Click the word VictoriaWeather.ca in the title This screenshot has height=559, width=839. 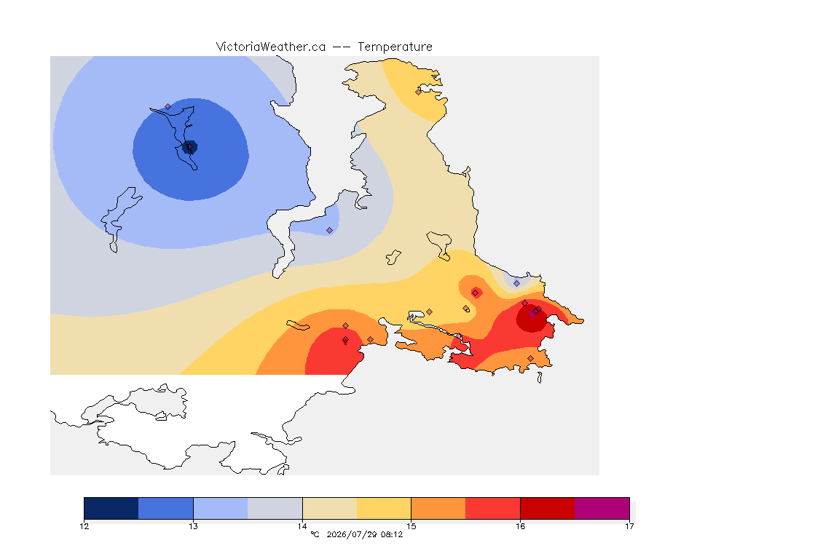coord(271,47)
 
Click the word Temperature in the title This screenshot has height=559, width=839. coord(395,47)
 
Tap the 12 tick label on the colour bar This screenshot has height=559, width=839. coord(84,526)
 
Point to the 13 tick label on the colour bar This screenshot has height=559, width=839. coord(193,526)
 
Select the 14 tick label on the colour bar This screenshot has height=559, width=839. coord(302,526)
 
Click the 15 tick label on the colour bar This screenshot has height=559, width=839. coord(411,526)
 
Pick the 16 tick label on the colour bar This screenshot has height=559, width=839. coord(520,526)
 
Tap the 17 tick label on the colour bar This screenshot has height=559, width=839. coord(629,526)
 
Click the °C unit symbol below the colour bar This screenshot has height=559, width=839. coord(315,534)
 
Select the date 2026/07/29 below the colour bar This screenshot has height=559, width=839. coord(352,534)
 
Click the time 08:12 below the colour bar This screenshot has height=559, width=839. coord(392,534)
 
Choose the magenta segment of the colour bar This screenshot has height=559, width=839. coord(602,508)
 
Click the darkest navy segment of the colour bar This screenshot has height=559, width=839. coord(111,508)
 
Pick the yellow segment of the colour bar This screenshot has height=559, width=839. coord(384,508)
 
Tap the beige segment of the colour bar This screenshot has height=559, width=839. coord(330,508)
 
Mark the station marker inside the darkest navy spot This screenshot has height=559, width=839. coord(189,146)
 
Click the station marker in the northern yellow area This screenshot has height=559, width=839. coord(419,92)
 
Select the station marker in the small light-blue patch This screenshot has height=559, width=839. coord(330,231)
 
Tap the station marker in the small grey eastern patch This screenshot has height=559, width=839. coord(516,284)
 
